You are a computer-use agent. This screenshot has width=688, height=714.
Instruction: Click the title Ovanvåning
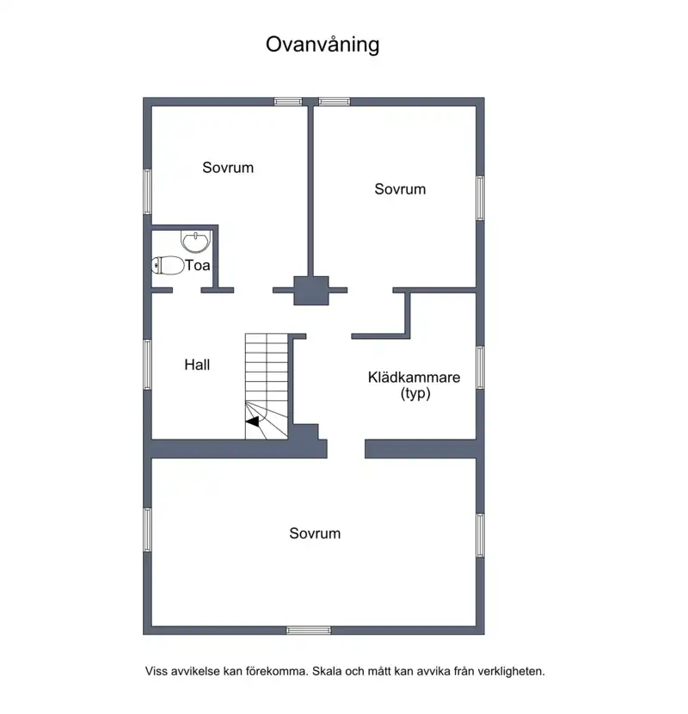(322, 45)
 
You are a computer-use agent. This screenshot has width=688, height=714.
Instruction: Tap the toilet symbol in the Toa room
(168, 266)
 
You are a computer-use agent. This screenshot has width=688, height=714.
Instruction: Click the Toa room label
(198, 265)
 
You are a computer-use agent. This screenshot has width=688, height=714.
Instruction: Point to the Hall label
(197, 365)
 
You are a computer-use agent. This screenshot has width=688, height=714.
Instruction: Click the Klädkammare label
(414, 377)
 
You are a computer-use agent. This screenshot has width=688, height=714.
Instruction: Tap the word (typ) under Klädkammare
(415, 393)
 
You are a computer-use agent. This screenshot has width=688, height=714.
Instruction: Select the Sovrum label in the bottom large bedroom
(315, 533)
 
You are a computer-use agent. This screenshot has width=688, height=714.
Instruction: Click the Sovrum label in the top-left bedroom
(228, 168)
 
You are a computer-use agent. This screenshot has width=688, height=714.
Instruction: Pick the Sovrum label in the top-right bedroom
(400, 189)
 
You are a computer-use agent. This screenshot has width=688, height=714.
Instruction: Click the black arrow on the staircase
(252, 422)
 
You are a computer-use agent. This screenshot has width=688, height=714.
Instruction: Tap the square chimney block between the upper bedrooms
(311, 291)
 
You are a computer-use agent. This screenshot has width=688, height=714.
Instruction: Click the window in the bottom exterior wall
(309, 631)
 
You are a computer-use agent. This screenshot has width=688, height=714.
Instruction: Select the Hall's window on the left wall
(148, 364)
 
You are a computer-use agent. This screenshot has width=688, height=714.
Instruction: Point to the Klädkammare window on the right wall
(481, 367)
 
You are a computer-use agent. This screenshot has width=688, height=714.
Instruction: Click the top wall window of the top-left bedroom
(288, 102)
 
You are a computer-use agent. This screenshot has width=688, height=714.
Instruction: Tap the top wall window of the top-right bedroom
(335, 102)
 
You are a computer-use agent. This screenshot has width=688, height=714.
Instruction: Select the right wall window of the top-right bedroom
(481, 198)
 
